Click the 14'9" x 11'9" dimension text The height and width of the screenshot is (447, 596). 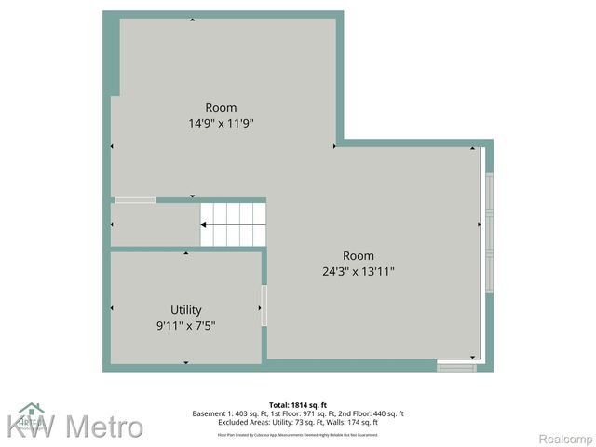coord(222,122)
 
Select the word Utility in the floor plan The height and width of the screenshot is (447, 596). coord(186,310)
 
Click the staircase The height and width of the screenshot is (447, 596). coord(234,224)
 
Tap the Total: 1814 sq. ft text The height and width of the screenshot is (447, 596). coord(299,405)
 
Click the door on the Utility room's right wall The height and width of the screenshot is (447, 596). coord(264,305)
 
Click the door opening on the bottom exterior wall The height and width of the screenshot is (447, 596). coord(456,368)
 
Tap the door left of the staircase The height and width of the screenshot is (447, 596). coord(135,199)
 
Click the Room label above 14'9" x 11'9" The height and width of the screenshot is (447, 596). coord(222,107)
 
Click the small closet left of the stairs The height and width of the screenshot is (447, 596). coord(154,224)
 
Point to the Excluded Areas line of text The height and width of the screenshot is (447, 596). coord(298,423)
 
